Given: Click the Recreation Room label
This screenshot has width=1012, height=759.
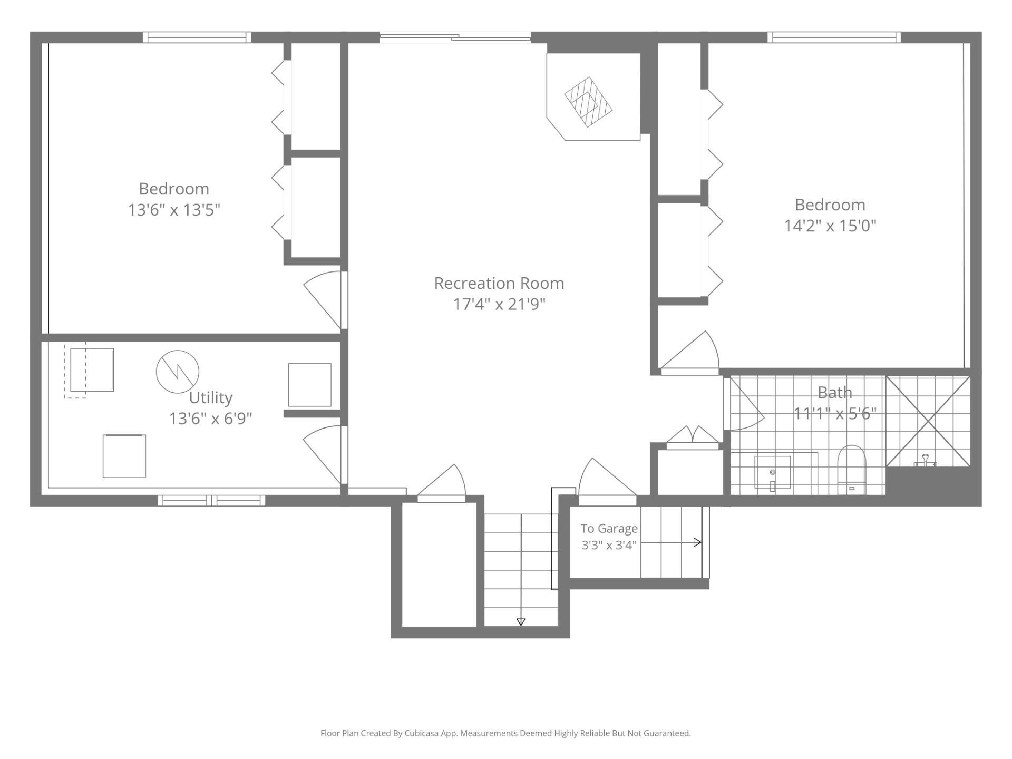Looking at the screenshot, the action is [x=499, y=283].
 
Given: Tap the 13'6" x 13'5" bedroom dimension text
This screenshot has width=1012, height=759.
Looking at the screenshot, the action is [x=174, y=210].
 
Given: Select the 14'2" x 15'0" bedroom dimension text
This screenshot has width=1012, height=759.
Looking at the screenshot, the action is [x=830, y=226].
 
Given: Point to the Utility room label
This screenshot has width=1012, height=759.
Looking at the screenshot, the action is [x=211, y=397].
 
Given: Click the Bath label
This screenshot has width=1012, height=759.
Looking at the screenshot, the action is [x=835, y=392].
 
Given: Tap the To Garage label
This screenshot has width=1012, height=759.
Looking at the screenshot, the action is [x=609, y=529].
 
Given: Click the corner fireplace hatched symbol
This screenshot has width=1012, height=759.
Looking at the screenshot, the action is [x=588, y=102].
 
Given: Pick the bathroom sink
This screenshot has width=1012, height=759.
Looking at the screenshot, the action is [x=773, y=472].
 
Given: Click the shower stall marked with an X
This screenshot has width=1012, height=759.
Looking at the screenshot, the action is [x=928, y=421].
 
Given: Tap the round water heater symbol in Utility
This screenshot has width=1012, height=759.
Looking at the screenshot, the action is [x=178, y=372].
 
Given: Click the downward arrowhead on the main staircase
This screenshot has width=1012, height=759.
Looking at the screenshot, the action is [x=521, y=622].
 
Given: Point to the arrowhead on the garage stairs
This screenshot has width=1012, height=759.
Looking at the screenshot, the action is [x=698, y=542].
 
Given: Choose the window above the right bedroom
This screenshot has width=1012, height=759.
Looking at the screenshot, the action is [x=834, y=37].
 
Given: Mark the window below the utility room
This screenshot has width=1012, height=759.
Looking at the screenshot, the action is [x=211, y=500].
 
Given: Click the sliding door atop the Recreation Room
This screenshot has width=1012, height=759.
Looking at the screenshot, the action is [x=455, y=37].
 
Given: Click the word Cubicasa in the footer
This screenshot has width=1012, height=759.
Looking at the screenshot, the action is [x=423, y=733].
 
